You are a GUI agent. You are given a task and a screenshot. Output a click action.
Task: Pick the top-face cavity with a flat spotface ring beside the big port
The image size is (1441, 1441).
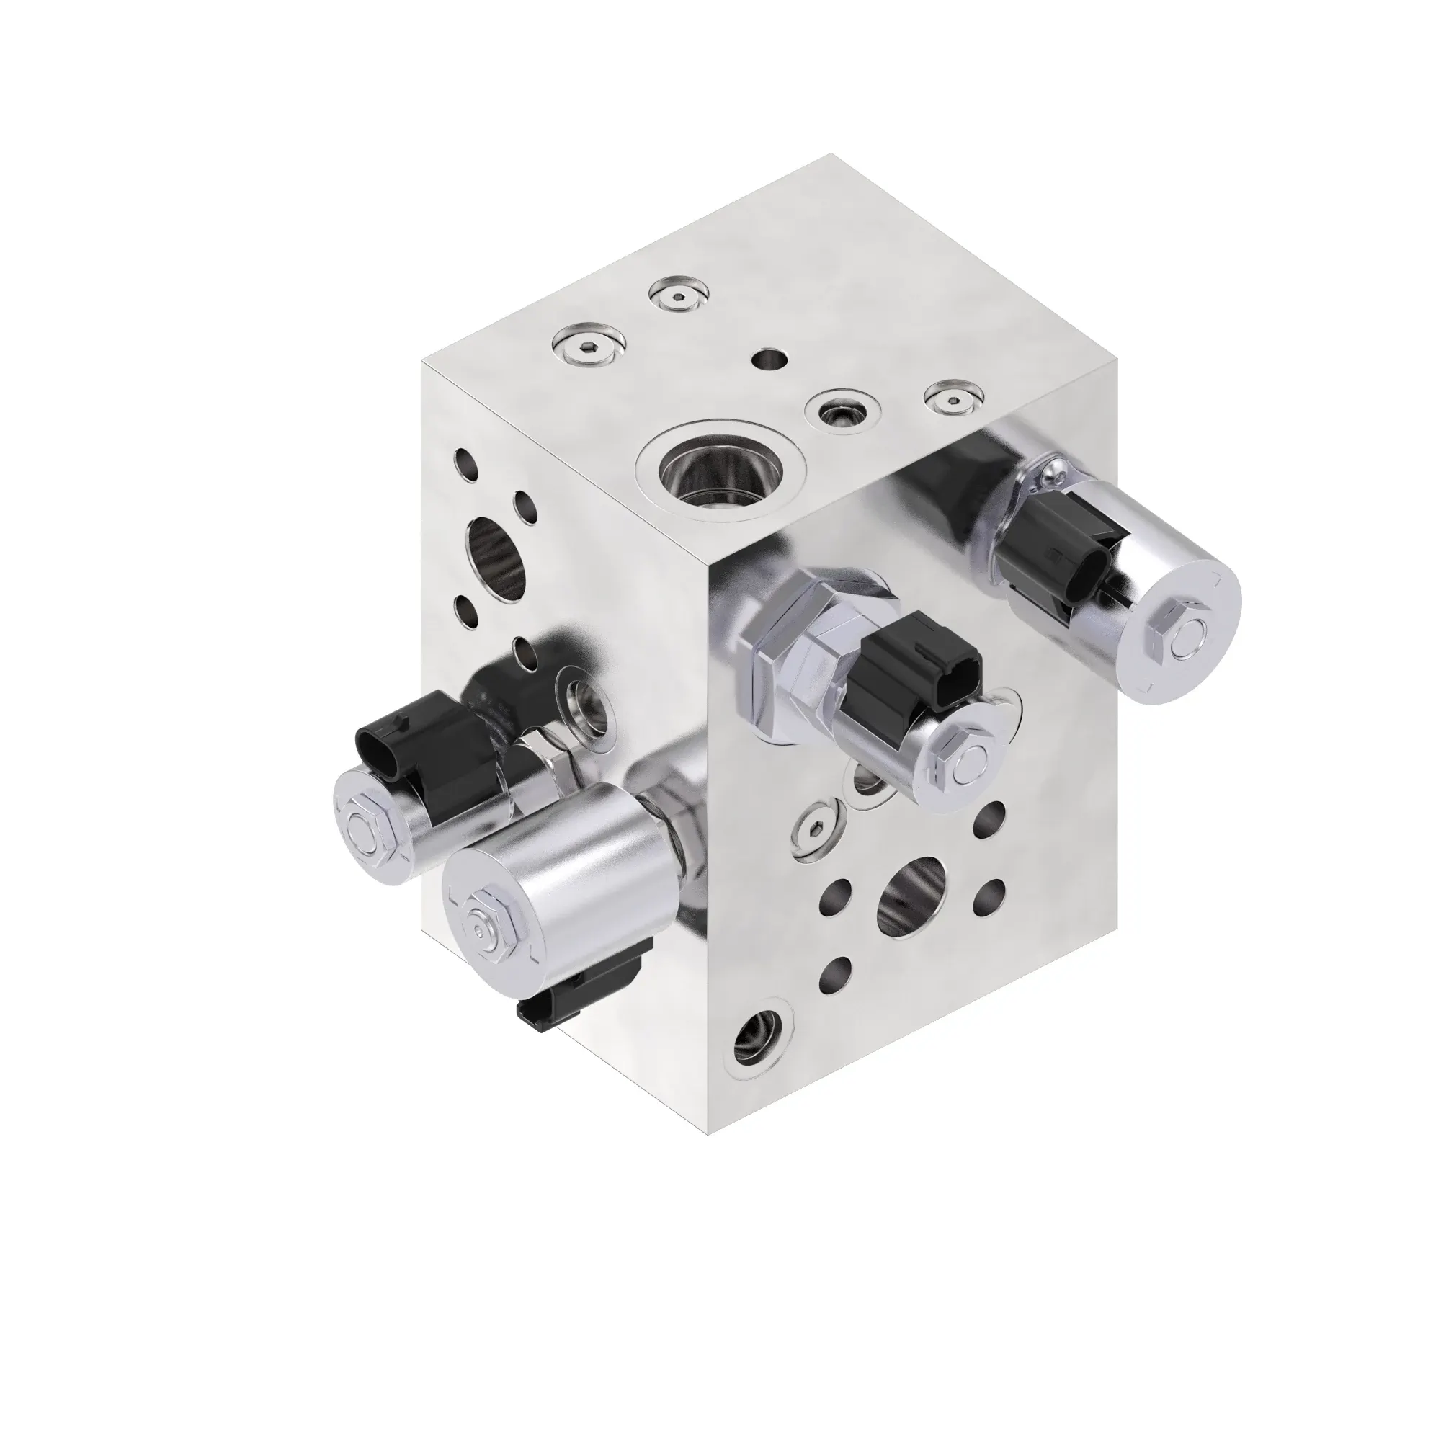[x=843, y=409]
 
